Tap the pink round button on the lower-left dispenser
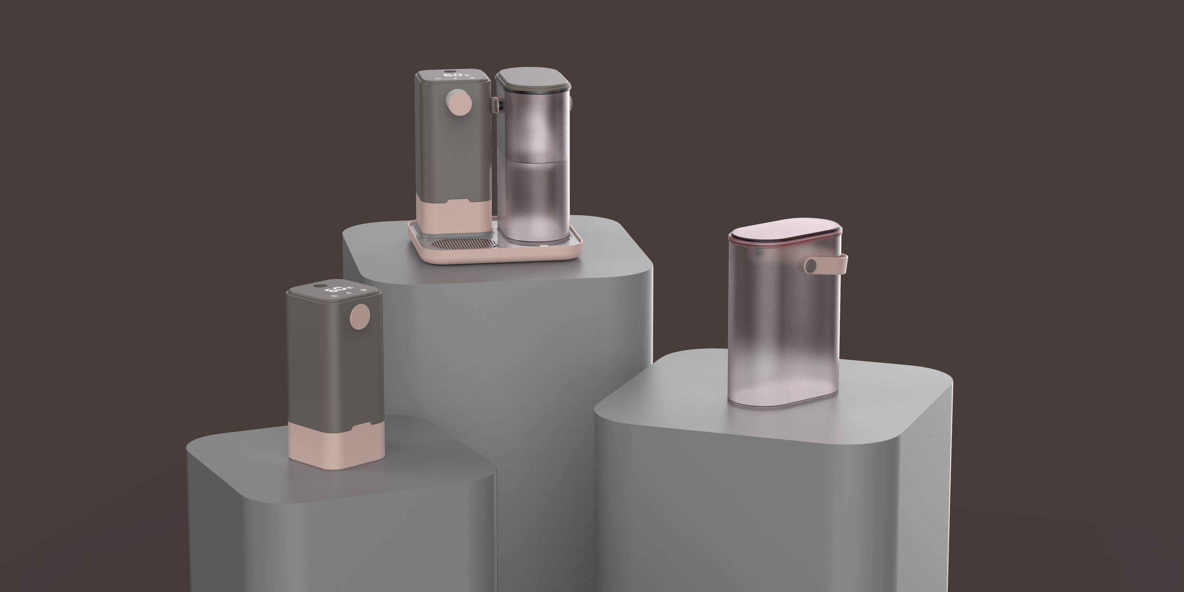[360, 317]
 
